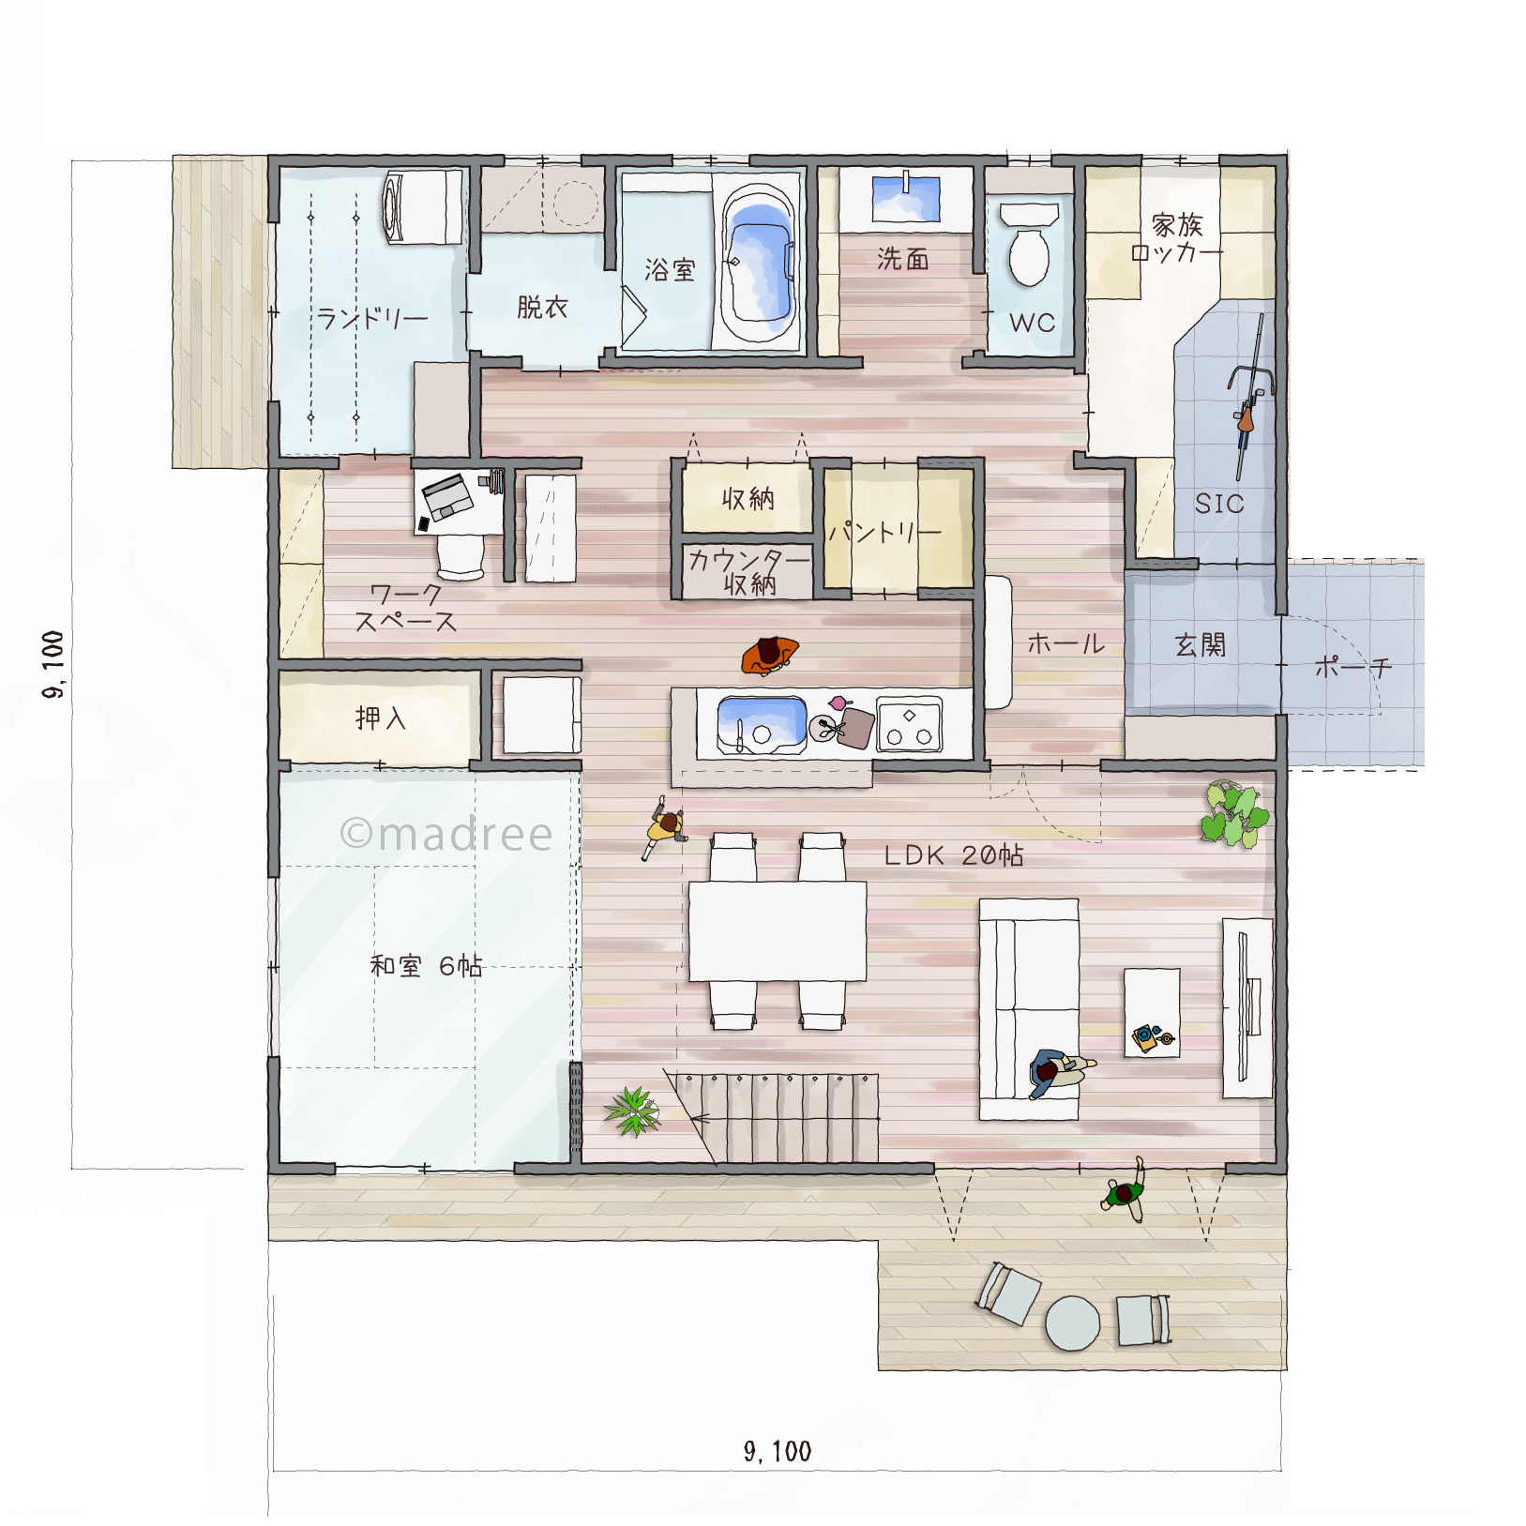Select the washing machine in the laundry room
coord(423,207)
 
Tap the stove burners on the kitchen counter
coord(909,725)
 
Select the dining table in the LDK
coord(778,931)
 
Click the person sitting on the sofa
coord(1059,1071)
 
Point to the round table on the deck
coord(1072,1323)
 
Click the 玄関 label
coord(1200,644)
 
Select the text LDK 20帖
coord(954,855)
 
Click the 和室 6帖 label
coord(426,965)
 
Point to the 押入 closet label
coord(381,718)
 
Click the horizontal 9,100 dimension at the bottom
coord(778,1451)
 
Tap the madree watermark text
coord(446,834)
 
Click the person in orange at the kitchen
coord(769,655)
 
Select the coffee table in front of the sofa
coord(1152,1013)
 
